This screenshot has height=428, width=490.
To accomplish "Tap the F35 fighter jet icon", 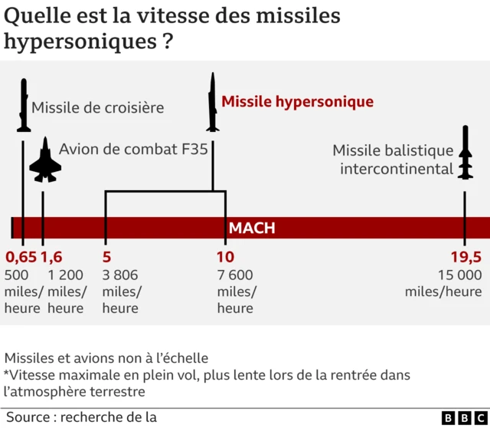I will pyautogui.click(x=44, y=161).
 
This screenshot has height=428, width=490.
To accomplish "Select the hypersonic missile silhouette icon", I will pyautogui.click(x=212, y=102).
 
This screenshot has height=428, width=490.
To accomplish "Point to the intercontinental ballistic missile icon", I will pyautogui.click(x=465, y=153).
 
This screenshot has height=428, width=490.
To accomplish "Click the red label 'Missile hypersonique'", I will pyautogui.click(x=297, y=102).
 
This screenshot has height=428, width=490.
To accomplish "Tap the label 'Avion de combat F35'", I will pyautogui.click(x=133, y=149).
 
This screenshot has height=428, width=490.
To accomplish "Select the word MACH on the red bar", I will pyautogui.click(x=252, y=229).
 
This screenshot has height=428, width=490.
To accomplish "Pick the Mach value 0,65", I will pyautogui.click(x=21, y=257).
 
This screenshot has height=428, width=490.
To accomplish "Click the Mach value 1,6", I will pyautogui.click(x=51, y=257).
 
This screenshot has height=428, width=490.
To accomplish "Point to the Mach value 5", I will pyautogui.click(x=106, y=257).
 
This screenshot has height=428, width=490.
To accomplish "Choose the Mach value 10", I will pyautogui.click(x=225, y=257).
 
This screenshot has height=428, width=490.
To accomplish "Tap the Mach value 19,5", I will pyautogui.click(x=465, y=257).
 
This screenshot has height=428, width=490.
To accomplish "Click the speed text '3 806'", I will pyautogui.click(x=120, y=275).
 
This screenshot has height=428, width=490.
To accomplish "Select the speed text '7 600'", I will pyautogui.click(x=235, y=275).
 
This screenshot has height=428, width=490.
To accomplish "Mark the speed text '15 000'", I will pyautogui.click(x=459, y=275).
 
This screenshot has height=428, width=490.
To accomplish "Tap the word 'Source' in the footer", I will pyautogui.click(x=27, y=416).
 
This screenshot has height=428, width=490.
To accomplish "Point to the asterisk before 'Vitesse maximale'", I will pyautogui.click(x=7, y=374).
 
